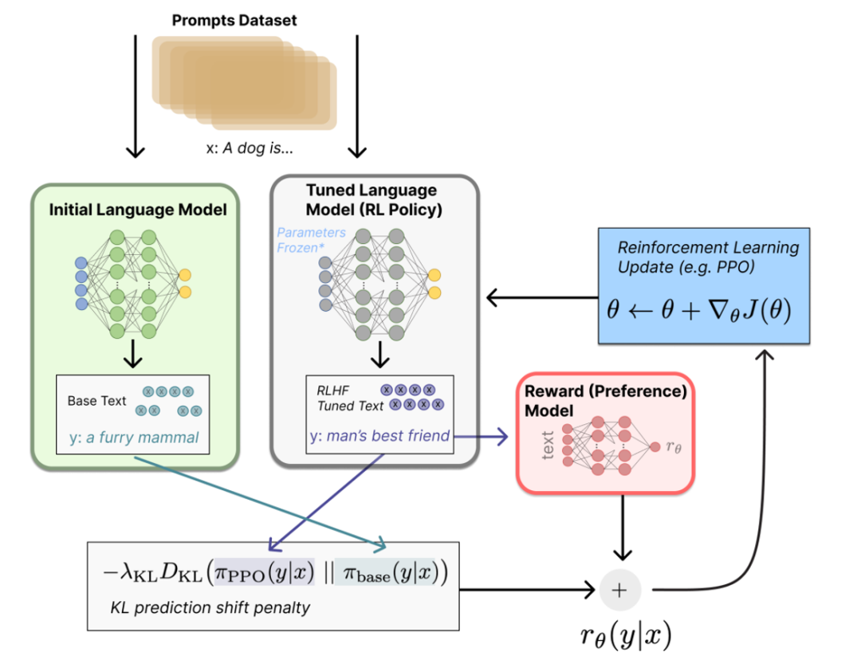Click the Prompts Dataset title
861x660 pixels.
[x=234, y=21]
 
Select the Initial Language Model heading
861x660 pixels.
[x=138, y=210]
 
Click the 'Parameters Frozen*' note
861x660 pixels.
[x=312, y=240]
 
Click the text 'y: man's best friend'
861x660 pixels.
[x=379, y=436]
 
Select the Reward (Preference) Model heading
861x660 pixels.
[x=605, y=402]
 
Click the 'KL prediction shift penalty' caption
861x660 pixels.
[x=210, y=608]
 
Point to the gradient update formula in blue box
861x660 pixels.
[x=698, y=310]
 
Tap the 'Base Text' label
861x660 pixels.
[x=96, y=400]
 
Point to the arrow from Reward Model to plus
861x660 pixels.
[x=621, y=526]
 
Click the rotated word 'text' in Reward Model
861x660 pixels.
[x=548, y=446]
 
